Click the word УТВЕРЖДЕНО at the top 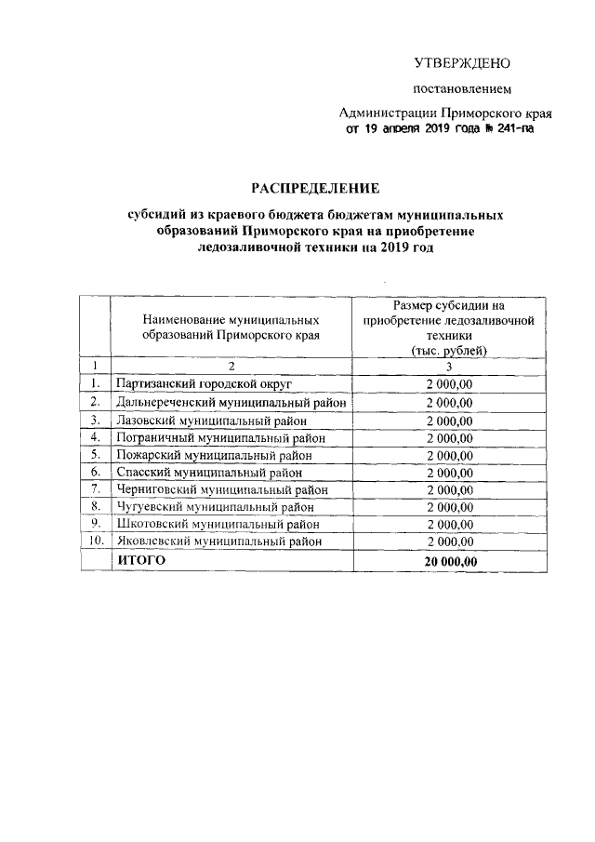[462, 63]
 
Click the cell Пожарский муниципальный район [212, 455]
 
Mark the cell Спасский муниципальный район [209, 473]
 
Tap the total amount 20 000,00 [450, 561]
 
